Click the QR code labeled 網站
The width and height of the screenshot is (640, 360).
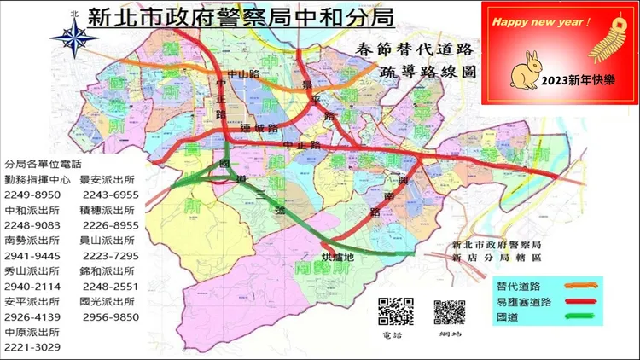coord(449,312)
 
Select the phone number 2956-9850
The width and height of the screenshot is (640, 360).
coord(110,316)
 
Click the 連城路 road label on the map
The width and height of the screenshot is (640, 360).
coord(260,128)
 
